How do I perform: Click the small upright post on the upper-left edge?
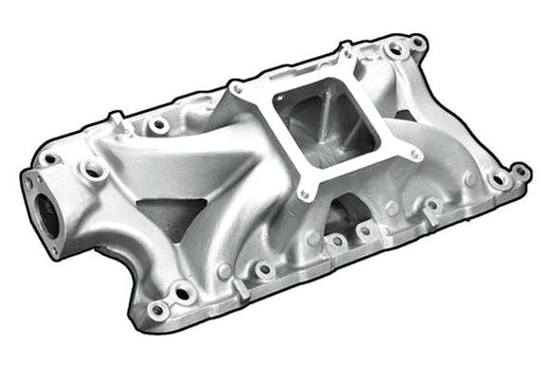(116, 120)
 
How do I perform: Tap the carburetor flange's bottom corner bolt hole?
(305, 194)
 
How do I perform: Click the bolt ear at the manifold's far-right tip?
(520, 172)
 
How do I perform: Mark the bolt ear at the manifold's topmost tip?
(417, 42)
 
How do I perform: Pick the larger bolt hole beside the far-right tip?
(498, 178)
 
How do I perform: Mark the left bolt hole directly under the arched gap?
(334, 241)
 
